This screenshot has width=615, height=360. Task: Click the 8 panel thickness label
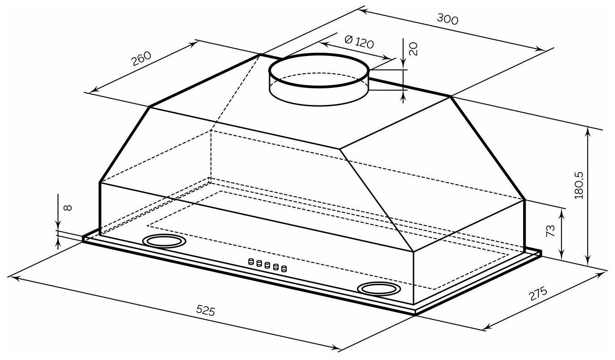67,208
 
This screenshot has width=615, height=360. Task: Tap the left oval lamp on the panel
164,242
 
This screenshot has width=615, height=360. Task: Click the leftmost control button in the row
251,261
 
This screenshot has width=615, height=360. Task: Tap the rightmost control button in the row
283,269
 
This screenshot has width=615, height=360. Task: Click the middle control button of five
267,265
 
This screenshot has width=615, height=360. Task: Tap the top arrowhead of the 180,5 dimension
588,130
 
